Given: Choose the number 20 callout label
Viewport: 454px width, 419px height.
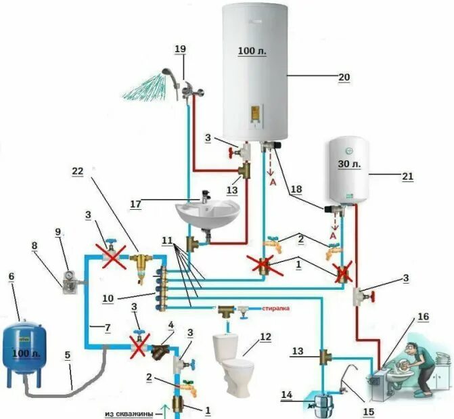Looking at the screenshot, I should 344,77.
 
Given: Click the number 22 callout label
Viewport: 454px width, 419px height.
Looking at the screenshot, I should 78,171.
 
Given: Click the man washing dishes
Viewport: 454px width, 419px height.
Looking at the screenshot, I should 411,365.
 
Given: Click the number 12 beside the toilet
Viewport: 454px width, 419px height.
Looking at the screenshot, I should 265,336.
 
